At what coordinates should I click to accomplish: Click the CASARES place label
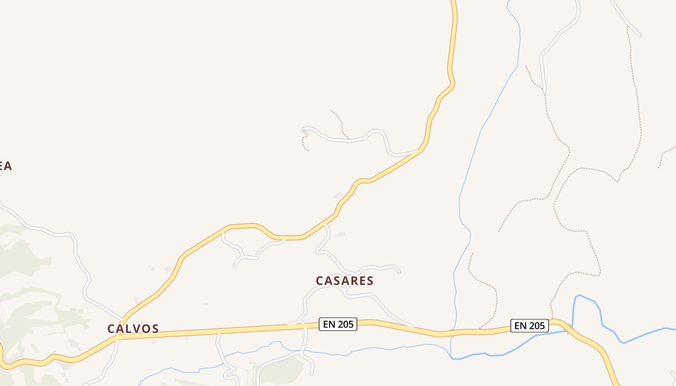tap(344, 281)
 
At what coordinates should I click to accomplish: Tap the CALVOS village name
tap(133, 329)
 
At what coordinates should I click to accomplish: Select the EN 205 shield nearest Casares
tap(338, 324)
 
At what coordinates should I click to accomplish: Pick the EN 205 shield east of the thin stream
tap(530, 326)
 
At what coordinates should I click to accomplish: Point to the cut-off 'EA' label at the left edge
tap(5, 166)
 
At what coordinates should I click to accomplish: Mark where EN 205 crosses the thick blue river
tap(570, 330)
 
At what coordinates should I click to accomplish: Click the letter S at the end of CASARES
tap(370, 281)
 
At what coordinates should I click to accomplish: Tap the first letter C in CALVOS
tap(111, 329)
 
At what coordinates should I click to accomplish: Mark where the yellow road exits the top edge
tap(453, 1)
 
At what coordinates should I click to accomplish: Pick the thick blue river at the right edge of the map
tap(671, 329)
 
